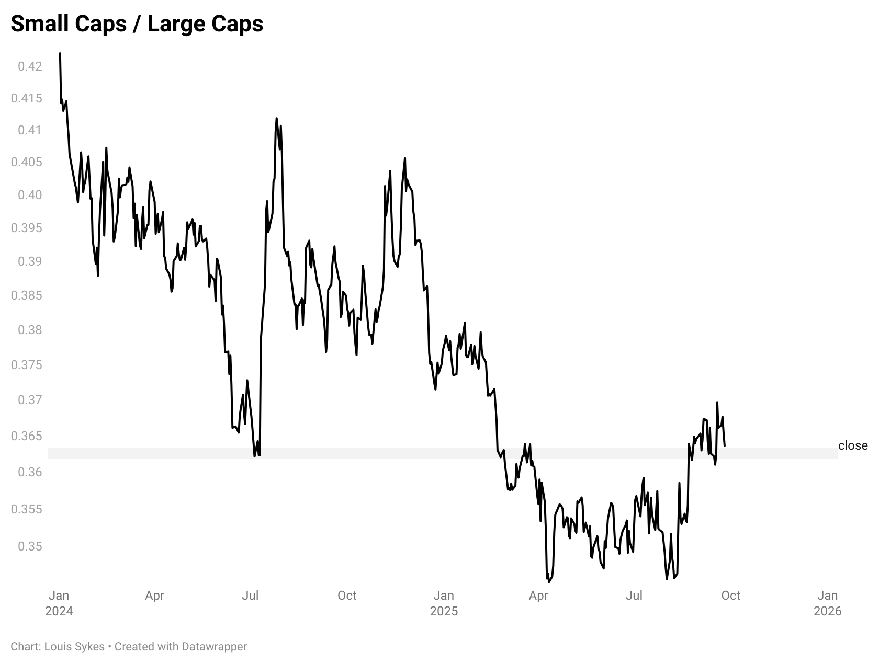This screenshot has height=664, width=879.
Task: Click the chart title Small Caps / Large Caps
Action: point(137,24)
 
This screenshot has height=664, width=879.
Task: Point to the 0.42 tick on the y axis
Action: point(29,66)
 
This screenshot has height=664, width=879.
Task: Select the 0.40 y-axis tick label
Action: point(29,195)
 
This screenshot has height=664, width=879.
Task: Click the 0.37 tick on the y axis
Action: point(29,400)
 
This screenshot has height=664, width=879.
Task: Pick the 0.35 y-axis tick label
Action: point(29,546)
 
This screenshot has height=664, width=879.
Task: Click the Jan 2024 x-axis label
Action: point(59,603)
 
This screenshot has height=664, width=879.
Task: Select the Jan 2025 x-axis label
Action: point(444,603)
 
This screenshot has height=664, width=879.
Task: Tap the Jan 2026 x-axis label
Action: point(827,603)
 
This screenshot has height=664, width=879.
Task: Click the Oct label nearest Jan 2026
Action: point(730,596)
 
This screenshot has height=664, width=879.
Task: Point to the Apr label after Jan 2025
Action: point(538,596)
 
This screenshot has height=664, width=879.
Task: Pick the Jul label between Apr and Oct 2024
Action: point(250,596)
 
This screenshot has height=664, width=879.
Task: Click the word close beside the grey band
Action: point(852,445)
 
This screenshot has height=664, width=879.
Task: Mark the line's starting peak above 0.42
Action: point(60,53)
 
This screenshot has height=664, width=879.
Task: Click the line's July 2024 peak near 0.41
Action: point(276,119)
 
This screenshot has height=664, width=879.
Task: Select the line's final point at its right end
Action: point(724,445)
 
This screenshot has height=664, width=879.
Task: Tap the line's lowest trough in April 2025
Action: point(549,581)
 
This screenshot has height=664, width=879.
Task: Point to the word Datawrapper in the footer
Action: point(214,647)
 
